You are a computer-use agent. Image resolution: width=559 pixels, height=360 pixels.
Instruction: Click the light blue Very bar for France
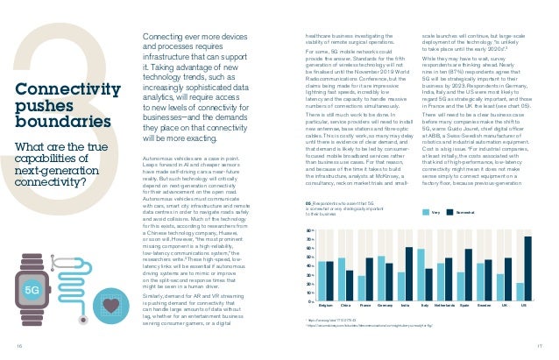pos(362,288)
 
